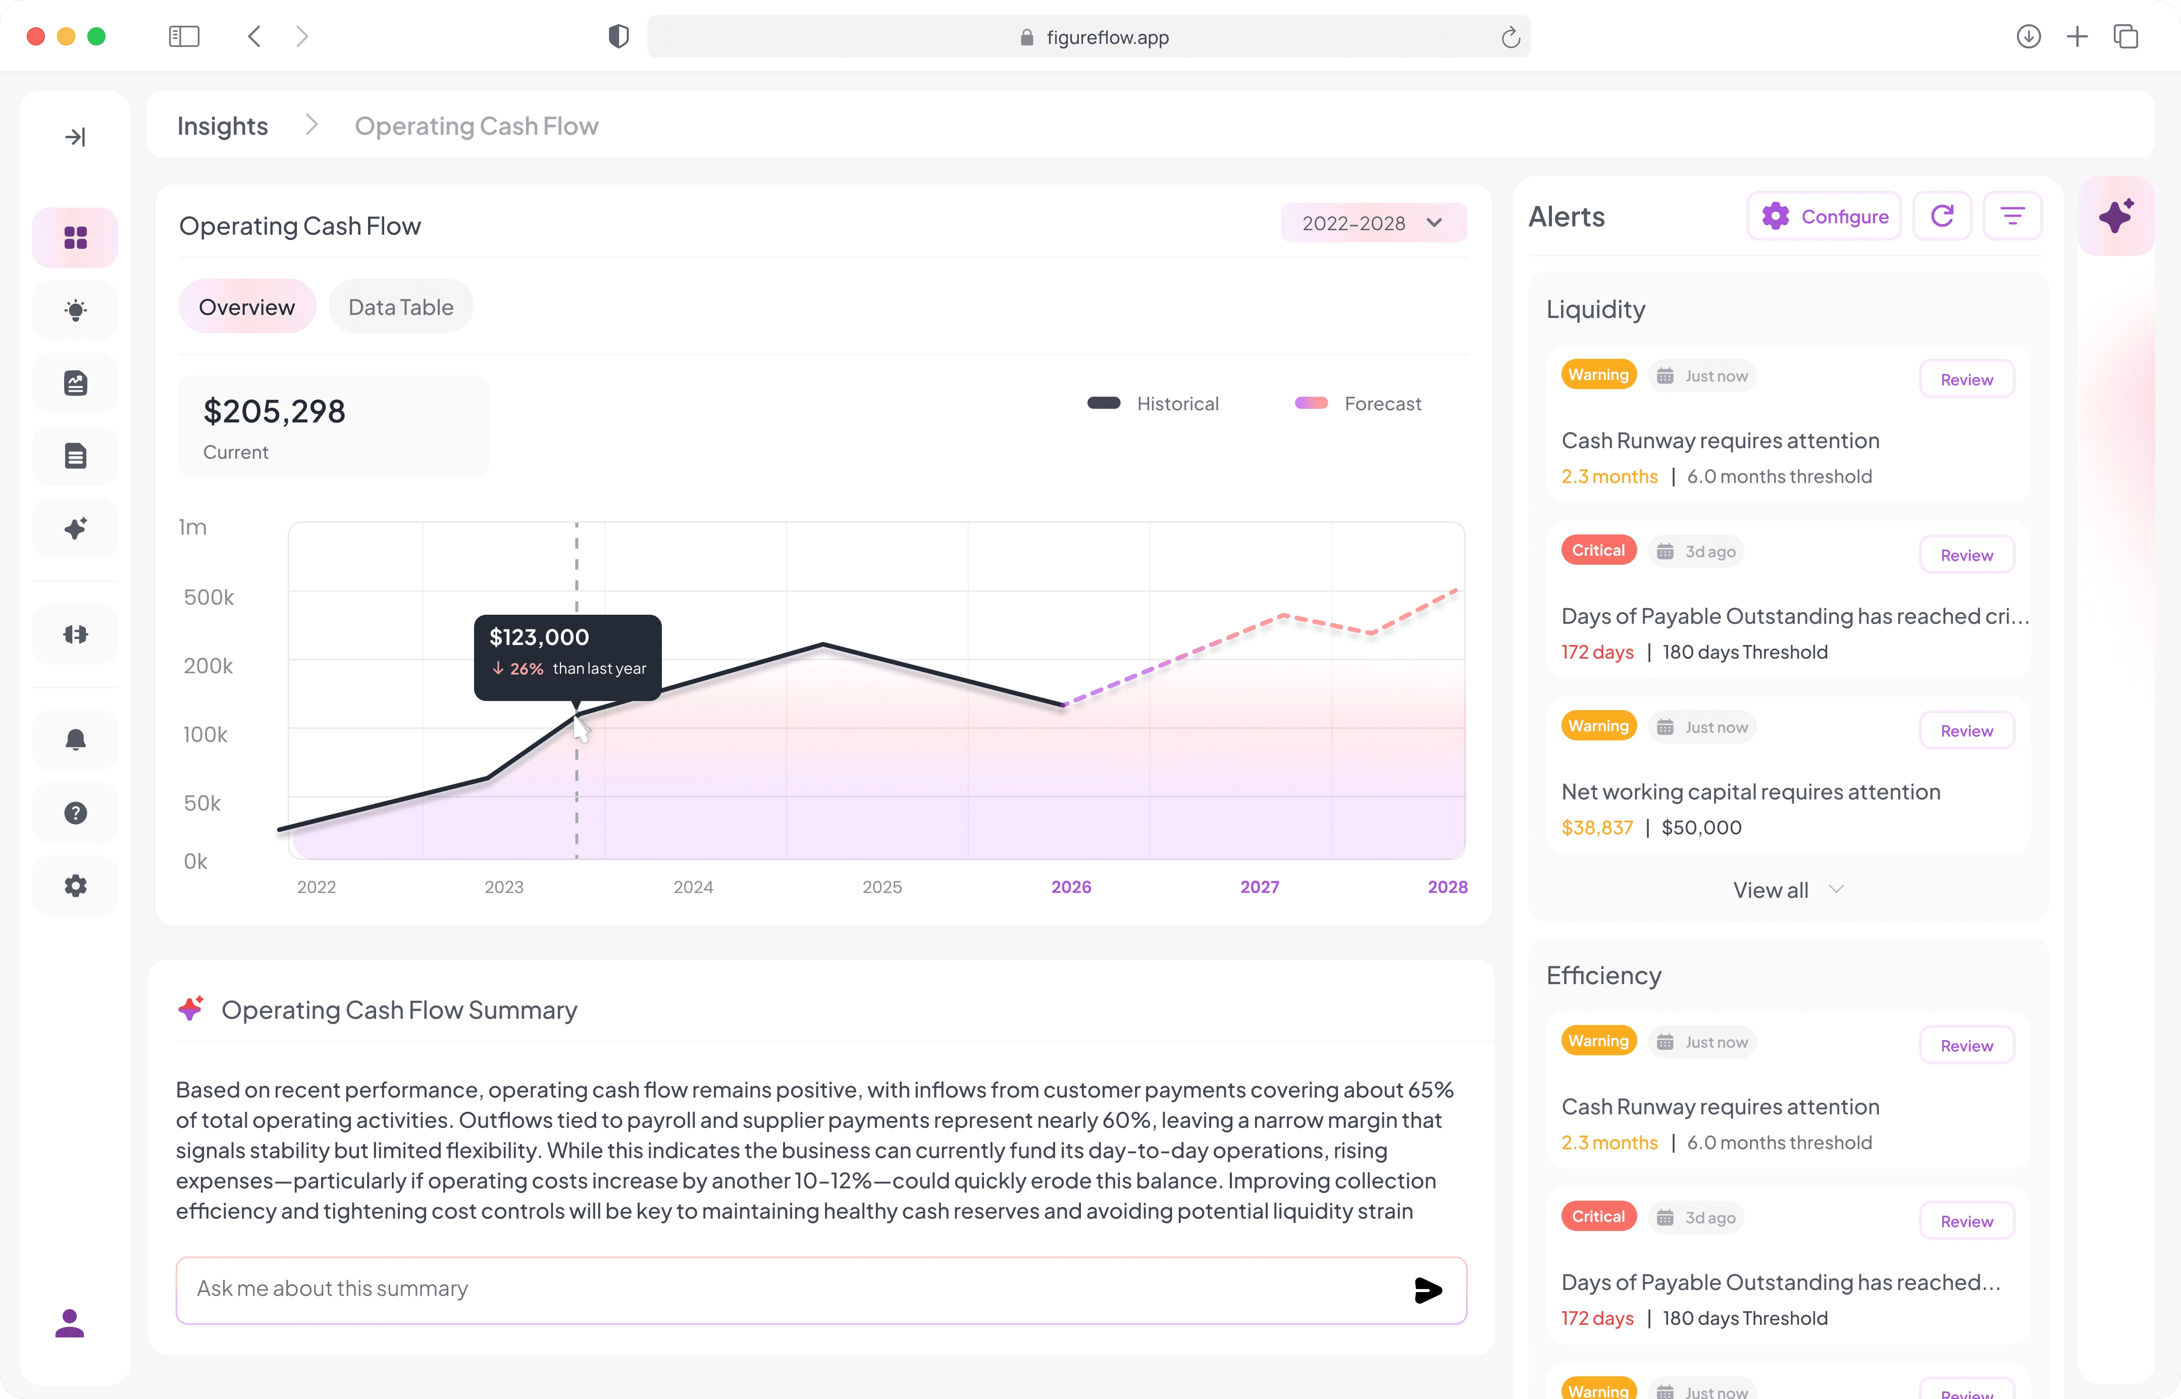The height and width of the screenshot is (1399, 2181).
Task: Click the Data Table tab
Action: (401, 307)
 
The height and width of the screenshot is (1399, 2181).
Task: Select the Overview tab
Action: (246, 307)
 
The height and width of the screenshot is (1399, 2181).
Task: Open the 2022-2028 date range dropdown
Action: (1373, 223)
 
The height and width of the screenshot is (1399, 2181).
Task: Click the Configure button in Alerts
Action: (1824, 216)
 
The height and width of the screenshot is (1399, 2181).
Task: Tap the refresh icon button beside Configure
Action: (1942, 216)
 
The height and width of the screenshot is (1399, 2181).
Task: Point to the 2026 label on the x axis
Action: (1071, 887)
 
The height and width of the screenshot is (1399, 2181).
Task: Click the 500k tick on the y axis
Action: (209, 597)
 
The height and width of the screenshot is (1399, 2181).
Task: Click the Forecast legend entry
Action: (1358, 403)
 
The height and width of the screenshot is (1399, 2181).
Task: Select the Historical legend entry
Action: (1152, 403)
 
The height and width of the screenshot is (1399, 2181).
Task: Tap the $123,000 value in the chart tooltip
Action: (539, 637)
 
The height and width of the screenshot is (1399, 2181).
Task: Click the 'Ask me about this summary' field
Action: (800, 1289)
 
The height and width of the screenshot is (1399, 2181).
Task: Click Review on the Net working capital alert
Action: (1966, 730)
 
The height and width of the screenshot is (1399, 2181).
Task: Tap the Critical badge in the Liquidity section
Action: (1598, 551)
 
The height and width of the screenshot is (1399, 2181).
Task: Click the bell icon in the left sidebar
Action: (75, 739)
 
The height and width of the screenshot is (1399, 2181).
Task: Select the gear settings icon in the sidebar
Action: (75, 886)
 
